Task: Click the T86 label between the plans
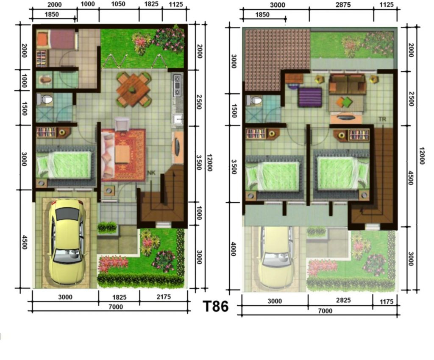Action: click(x=215, y=306)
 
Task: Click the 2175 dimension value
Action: click(x=164, y=297)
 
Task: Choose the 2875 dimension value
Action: click(x=341, y=5)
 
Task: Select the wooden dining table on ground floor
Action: click(x=134, y=89)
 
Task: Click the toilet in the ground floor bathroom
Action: click(x=45, y=100)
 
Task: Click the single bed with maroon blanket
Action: click(x=57, y=40)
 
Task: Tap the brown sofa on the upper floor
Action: click(x=347, y=84)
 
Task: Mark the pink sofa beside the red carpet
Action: click(x=108, y=155)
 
